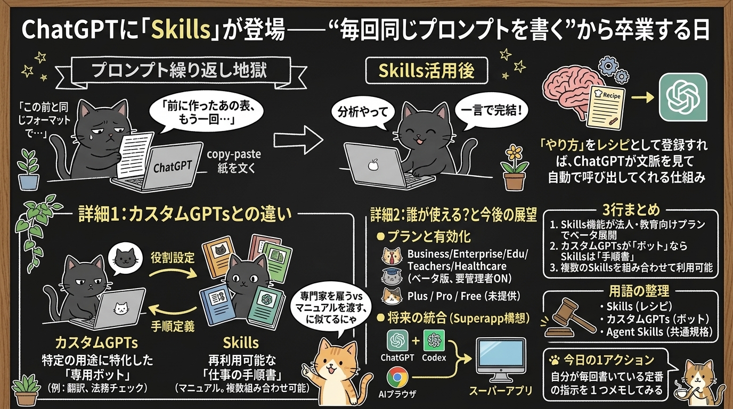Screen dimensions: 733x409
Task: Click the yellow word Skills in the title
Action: (x=181, y=30)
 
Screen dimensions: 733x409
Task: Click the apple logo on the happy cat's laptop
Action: (x=373, y=165)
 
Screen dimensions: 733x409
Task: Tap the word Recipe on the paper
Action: (x=611, y=95)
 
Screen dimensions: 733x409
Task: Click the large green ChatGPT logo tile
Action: (x=683, y=97)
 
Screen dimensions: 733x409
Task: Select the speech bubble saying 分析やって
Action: (x=362, y=113)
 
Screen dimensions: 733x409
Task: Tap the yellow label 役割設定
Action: (x=173, y=258)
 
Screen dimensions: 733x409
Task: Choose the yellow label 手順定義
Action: (x=173, y=326)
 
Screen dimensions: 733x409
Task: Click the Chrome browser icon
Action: (x=397, y=377)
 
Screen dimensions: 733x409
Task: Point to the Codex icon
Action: (x=434, y=340)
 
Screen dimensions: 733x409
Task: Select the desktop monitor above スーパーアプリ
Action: (x=500, y=359)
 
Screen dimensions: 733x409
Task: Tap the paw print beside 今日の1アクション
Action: (x=555, y=361)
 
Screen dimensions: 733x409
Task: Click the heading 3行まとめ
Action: (x=631, y=210)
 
